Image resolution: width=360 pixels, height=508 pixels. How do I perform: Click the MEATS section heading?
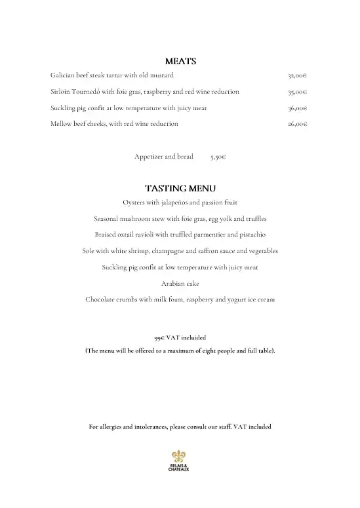point(180,62)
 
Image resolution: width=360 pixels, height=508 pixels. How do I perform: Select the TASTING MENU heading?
point(180,189)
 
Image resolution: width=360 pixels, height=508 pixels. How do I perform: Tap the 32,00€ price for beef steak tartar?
point(298,75)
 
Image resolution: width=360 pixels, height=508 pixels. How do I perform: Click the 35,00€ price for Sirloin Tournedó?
point(298,92)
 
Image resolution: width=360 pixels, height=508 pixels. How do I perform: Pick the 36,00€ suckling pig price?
point(298,108)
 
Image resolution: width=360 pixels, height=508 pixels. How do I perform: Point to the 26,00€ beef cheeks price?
point(298,124)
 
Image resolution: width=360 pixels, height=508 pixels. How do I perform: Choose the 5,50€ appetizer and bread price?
point(218,157)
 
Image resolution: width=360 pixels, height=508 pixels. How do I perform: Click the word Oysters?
point(134,203)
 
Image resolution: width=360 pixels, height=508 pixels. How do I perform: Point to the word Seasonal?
point(108,218)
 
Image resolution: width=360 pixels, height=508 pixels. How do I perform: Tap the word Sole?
point(89,251)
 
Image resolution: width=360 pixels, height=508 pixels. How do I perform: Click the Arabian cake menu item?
point(180,283)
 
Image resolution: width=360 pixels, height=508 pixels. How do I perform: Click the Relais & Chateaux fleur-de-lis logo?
point(180,456)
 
